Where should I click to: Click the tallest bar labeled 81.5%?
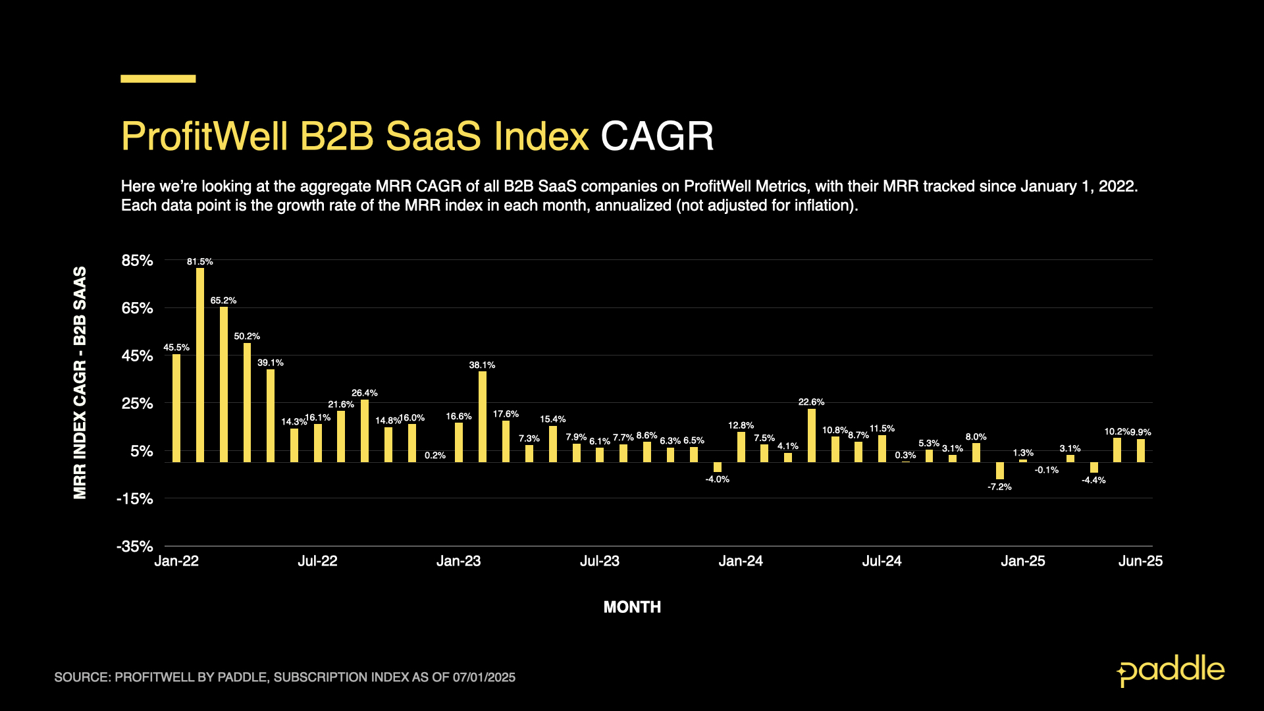click(200, 365)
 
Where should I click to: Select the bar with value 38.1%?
click(483, 416)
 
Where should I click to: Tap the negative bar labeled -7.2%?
click(999, 470)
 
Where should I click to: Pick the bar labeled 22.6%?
click(811, 435)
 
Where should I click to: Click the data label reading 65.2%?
click(223, 301)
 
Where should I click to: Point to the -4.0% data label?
click(717, 479)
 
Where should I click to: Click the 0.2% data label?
click(435, 456)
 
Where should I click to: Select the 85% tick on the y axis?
click(137, 261)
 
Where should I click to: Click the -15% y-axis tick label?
click(135, 499)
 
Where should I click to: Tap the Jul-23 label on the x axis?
click(599, 561)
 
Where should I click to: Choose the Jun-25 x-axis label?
click(1140, 561)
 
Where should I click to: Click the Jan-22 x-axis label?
click(176, 561)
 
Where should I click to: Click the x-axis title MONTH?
click(632, 607)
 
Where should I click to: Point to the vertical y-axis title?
click(80, 382)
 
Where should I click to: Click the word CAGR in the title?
click(657, 136)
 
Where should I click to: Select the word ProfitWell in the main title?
click(204, 136)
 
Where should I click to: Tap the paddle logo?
click(1171, 671)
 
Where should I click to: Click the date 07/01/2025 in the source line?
click(484, 677)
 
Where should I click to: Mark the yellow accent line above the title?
click(158, 79)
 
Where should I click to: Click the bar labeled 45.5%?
click(176, 408)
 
